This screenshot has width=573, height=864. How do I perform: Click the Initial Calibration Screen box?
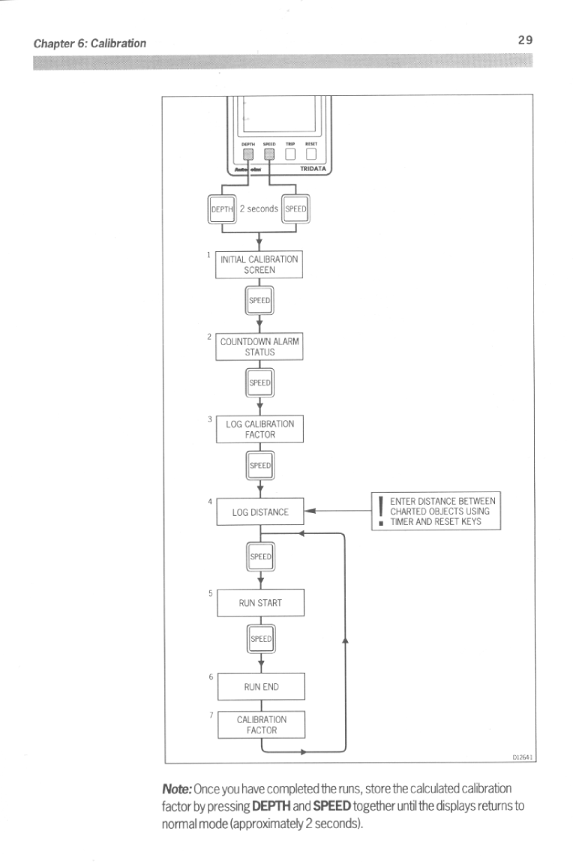click(x=259, y=264)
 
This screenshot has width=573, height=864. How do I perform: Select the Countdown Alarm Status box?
click(x=259, y=346)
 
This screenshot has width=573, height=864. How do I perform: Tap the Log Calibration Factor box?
click(x=259, y=429)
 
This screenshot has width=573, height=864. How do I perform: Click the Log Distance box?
click(x=259, y=512)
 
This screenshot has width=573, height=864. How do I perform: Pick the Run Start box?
click(x=259, y=603)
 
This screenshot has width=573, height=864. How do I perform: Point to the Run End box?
click(x=259, y=685)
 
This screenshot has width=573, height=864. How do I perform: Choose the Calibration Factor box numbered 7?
click(x=259, y=724)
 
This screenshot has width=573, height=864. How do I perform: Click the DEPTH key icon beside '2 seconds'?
click(x=222, y=208)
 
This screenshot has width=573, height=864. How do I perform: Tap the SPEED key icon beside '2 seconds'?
click(x=295, y=208)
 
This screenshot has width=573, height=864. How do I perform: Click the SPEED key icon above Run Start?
click(x=259, y=556)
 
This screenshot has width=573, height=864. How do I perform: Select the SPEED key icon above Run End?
click(x=259, y=640)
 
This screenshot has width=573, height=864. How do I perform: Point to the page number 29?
click(x=524, y=40)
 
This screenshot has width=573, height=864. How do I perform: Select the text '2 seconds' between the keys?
click(x=259, y=208)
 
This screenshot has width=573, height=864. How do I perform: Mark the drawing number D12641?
click(x=522, y=758)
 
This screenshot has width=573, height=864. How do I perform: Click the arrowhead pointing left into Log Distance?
click(x=309, y=512)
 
